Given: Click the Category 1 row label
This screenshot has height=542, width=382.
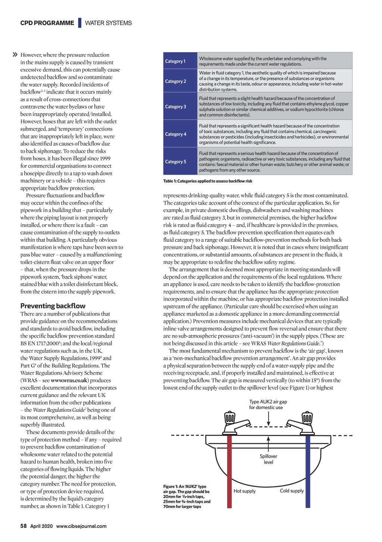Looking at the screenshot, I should (175, 61).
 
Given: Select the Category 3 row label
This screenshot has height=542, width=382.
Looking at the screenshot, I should (176, 107).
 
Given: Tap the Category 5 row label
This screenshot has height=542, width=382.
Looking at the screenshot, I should (176, 162).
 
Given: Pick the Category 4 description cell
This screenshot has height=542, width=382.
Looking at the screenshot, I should (274, 134).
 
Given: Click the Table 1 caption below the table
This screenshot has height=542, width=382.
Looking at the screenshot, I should (208, 181).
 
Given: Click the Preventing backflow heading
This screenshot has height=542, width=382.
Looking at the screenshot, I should (53, 306).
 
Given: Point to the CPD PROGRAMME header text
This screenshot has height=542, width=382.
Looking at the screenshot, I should (47, 23).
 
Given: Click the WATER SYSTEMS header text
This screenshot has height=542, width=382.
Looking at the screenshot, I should (108, 23).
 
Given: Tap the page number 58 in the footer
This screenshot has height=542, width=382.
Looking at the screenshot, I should (24, 526).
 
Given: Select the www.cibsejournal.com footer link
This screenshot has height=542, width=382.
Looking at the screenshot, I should (81, 526).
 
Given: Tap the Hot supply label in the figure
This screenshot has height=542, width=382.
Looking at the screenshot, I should (245, 491).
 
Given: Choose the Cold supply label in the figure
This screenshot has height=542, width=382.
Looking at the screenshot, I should (292, 491).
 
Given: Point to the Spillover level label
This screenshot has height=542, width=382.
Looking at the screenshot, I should (269, 459).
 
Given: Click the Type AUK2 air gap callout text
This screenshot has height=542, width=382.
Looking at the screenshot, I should (268, 405).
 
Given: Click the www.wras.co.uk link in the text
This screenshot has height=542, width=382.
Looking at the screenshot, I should (69, 380).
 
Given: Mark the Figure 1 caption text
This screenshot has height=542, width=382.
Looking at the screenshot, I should (187, 496).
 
